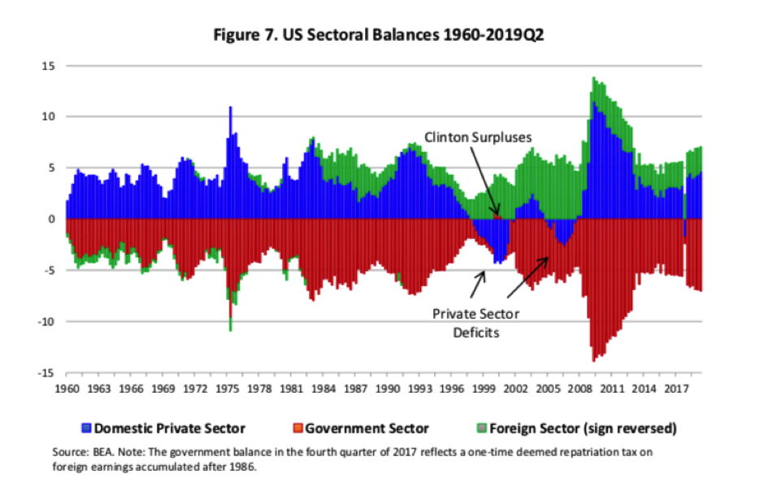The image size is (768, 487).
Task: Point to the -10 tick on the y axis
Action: pos(45,322)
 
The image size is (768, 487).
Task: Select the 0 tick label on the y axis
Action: pos(51,220)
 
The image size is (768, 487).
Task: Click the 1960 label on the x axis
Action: pos(67,388)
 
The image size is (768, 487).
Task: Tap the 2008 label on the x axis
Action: pos(579,388)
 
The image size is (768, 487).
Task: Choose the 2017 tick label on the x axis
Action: pos(675,388)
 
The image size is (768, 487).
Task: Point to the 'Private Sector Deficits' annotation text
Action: pos(475,323)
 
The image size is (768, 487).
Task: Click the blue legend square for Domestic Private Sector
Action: pos(85,428)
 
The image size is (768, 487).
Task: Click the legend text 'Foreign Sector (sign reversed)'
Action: pos(581,428)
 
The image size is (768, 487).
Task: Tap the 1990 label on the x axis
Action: pos(388,388)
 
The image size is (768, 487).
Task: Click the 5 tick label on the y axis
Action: pos(51,168)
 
